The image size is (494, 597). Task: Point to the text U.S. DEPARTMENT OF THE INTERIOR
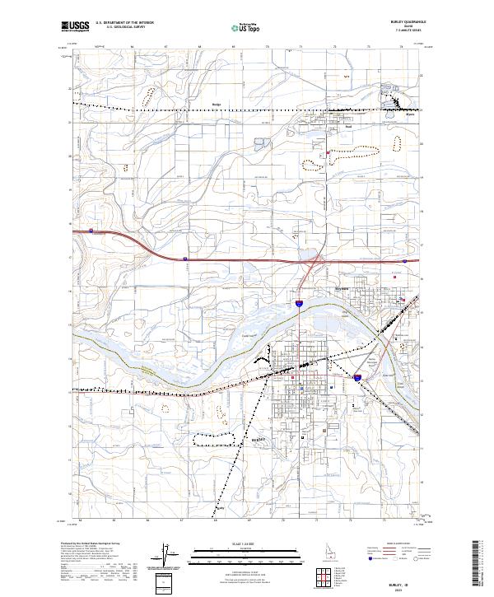tap(124, 23)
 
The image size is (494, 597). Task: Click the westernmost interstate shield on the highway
tap(91, 231)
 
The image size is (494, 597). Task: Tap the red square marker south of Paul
tap(328, 152)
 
